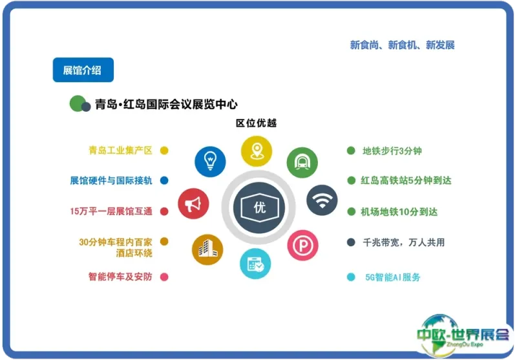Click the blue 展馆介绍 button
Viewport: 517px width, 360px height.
point(83,70)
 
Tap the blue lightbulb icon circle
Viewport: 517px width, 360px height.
point(210,162)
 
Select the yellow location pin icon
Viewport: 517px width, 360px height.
point(257,151)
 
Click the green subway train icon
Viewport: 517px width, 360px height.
point(302,162)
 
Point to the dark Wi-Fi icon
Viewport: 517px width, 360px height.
point(322,200)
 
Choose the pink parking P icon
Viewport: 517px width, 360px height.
point(302,245)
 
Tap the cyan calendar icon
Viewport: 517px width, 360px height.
point(255,264)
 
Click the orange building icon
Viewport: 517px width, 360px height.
point(207,249)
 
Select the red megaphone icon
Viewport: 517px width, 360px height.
point(193,204)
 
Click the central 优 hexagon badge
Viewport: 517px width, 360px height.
point(259,207)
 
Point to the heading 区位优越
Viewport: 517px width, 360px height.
point(256,123)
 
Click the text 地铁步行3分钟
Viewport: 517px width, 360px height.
point(392,151)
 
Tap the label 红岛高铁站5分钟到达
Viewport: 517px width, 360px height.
point(406,181)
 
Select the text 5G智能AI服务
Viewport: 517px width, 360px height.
point(393,277)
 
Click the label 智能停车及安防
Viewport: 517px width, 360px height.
point(120,277)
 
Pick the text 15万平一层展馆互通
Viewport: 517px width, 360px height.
point(111,211)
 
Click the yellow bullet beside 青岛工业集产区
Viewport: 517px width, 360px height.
point(164,151)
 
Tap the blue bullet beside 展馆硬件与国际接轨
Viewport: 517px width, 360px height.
point(164,181)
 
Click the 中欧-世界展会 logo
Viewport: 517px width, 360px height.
point(463,335)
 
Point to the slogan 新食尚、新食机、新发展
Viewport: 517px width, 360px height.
point(402,45)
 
